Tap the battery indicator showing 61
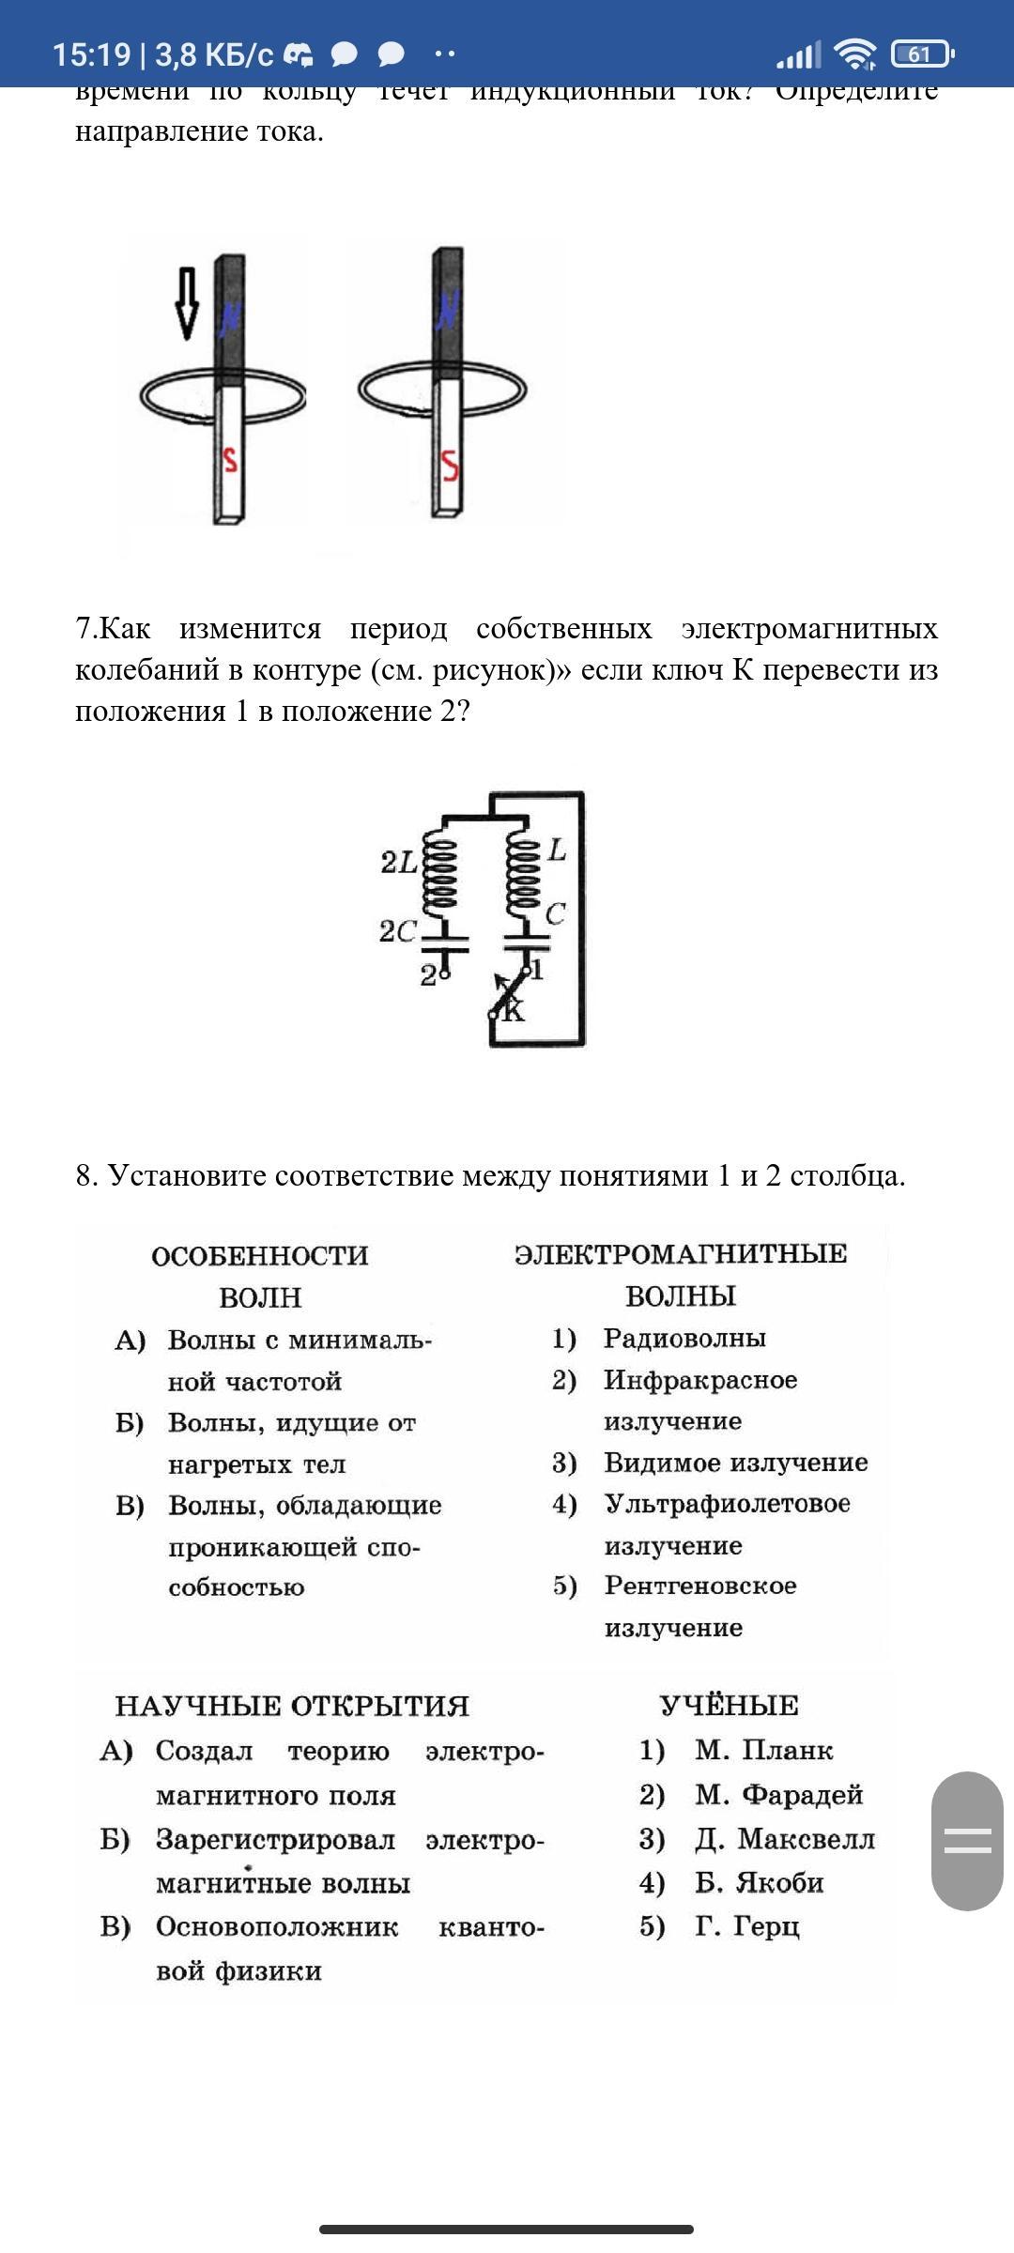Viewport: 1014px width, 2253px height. click(922, 54)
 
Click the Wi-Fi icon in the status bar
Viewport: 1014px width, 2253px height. click(854, 54)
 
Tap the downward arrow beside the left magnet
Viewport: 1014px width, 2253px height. click(187, 303)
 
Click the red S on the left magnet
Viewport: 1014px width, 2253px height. click(228, 459)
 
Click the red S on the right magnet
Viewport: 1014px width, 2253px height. click(450, 465)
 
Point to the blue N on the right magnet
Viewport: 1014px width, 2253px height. click(449, 310)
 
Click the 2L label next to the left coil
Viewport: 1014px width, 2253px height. click(399, 862)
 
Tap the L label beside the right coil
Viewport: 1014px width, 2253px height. click(558, 851)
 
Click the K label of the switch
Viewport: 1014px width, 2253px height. click(514, 1011)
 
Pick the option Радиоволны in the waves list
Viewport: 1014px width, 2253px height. click(684, 1338)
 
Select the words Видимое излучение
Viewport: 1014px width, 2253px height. click(735, 1462)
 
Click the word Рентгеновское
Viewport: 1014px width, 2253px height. click(700, 1585)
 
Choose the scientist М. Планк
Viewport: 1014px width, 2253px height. click(763, 1750)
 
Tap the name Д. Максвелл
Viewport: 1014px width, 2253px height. click(784, 1838)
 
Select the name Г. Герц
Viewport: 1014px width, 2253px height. click(746, 1926)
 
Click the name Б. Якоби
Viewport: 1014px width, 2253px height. click(759, 1882)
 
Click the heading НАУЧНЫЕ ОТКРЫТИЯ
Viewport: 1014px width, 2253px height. click(292, 1706)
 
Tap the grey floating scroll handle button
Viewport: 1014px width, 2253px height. click(967, 1841)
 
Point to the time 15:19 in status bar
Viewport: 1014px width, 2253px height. click(91, 54)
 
